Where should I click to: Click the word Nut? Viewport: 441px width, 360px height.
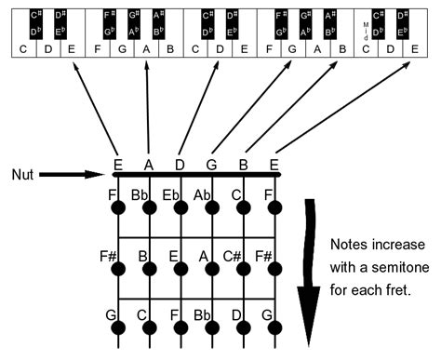[25, 174]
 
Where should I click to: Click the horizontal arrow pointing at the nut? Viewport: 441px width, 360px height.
[74, 174]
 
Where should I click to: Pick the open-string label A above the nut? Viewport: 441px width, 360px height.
[148, 165]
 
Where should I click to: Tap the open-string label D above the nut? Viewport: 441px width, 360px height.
[180, 165]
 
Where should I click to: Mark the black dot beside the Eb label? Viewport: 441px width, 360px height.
[182, 207]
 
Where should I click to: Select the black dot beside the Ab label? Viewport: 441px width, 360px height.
[214, 207]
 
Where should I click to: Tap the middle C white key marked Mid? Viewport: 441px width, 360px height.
[366, 68]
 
